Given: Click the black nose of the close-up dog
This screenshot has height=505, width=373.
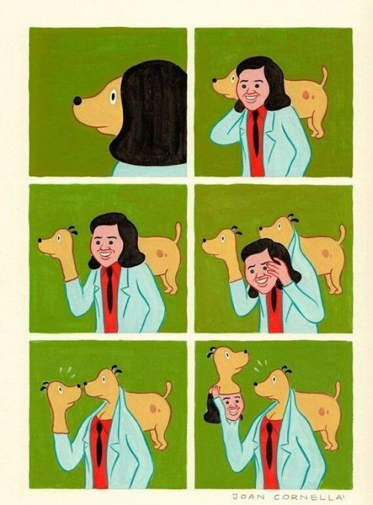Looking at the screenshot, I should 77,100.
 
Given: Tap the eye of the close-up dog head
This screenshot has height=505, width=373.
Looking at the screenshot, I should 113,96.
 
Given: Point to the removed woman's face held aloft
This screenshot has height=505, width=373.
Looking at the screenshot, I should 232,406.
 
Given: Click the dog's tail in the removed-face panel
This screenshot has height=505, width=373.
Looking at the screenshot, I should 334,392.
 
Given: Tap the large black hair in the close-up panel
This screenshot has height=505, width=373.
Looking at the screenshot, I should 153,112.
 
